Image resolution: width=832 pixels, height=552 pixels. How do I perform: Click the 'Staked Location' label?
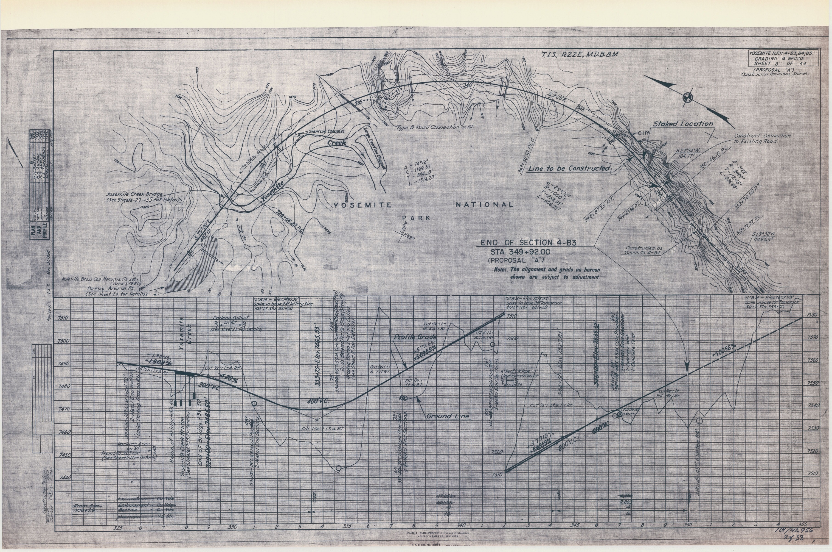click(683, 124)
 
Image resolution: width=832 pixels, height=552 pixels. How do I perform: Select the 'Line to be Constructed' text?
click(569, 169)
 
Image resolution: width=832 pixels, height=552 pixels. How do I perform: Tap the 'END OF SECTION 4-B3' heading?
click(528, 243)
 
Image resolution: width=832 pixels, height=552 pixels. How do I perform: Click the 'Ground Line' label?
click(447, 416)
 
